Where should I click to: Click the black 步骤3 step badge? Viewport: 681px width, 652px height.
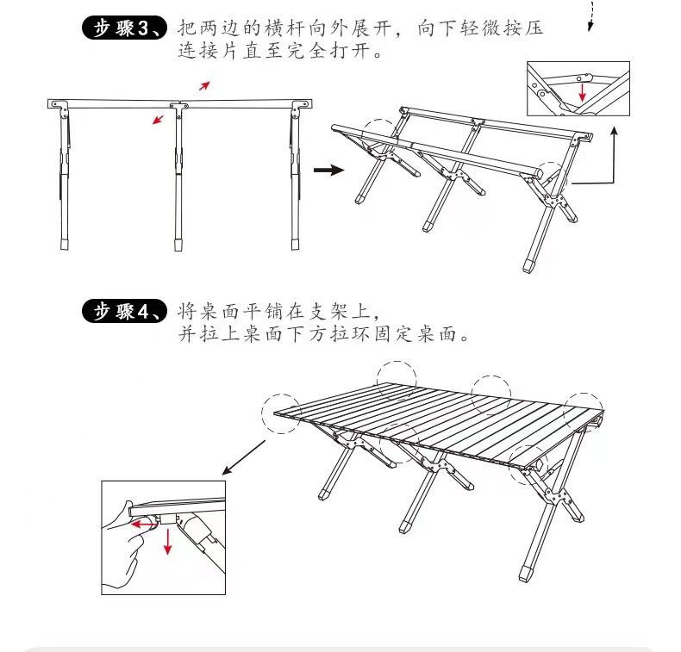124,28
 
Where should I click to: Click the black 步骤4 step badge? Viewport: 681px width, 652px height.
124,311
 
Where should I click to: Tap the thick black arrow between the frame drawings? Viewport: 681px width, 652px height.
328,170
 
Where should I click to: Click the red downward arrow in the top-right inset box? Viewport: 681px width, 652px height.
582,92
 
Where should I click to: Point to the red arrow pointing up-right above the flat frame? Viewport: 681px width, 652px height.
204,86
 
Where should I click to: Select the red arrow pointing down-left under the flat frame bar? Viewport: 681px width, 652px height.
158,119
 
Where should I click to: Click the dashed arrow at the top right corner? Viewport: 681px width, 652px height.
590,16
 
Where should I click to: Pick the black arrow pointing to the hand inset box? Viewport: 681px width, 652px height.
244,457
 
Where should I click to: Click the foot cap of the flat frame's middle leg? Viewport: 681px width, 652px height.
178,245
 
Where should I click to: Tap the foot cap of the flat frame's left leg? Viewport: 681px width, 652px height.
65,244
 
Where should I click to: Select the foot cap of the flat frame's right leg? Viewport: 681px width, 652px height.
296,244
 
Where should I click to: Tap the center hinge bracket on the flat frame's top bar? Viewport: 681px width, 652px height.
179,107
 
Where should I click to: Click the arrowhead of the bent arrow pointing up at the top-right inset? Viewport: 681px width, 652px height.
614,131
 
